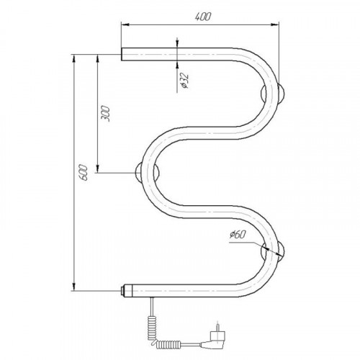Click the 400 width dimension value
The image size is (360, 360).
point(203,17)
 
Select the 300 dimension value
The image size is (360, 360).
point(105,113)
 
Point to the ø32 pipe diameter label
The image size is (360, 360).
point(185,81)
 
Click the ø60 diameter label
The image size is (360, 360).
point(238,235)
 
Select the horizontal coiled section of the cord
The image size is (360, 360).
point(168,344)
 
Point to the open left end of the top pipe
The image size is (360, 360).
point(122,54)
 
